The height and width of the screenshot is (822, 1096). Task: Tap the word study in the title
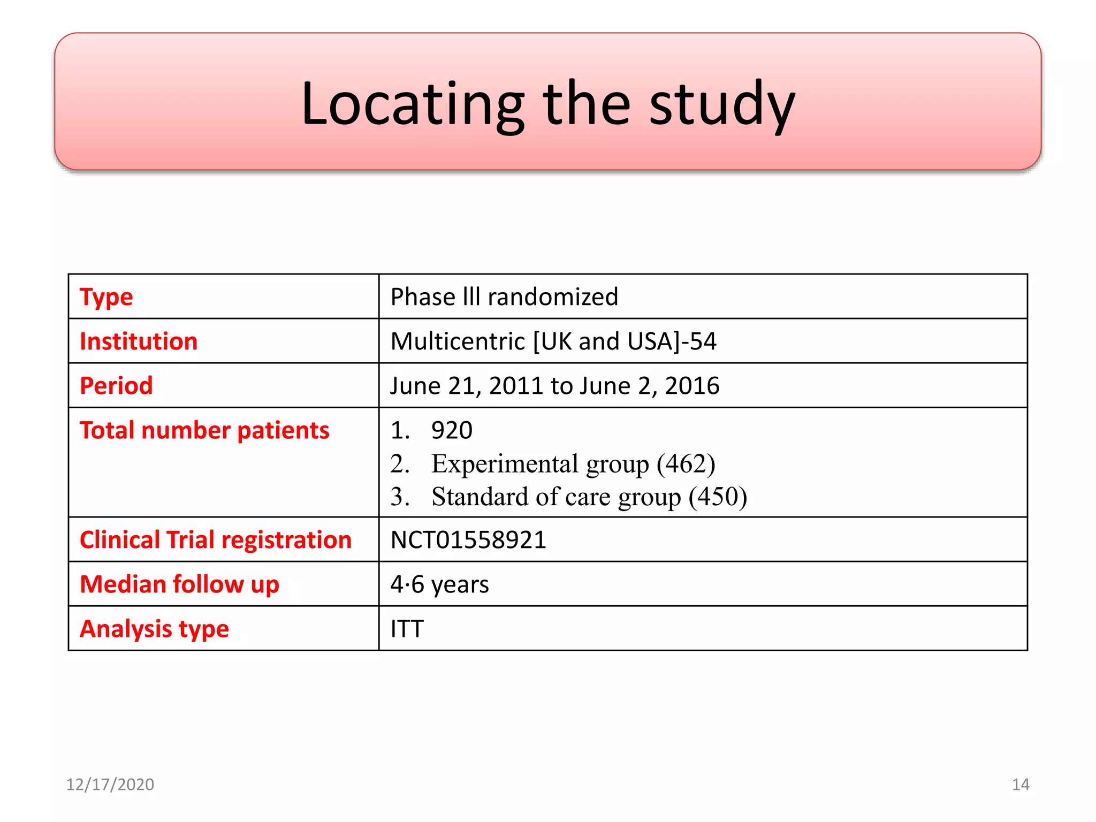pyautogui.click(x=722, y=104)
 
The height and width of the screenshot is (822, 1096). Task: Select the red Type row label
pyautogui.click(x=106, y=297)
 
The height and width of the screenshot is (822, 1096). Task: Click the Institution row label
pyautogui.click(x=139, y=341)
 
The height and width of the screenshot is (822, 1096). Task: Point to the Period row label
pyautogui.click(x=116, y=386)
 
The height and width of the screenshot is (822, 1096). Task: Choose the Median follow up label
pyautogui.click(x=179, y=584)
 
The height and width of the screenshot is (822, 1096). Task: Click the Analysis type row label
pyautogui.click(x=154, y=629)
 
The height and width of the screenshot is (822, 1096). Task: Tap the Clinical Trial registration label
pyautogui.click(x=216, y=540)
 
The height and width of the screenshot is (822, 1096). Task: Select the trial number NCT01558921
pyautogui.click(x=468, y=540)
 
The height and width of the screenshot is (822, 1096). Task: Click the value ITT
pyautogui.click(x=407, y=629)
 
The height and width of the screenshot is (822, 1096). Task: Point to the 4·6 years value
pyautogui.click(x=439, y=584)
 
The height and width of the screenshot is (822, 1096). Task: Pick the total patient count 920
pyautogui.click(x=452, y=430)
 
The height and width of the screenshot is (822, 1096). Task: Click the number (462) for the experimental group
pyautogui.click(x=686, y=463)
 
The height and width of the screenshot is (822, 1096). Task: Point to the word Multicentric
pyautogui.click(x=458, y=341)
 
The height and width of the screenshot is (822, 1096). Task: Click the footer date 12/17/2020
pyautogui.click(x=110, y=785)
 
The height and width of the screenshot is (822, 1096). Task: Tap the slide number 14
pyautogui.click(x=1020, y=785)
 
